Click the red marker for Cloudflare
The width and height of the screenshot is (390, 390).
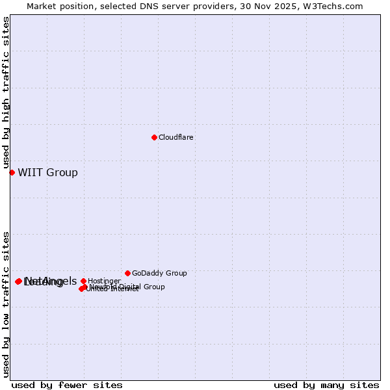tap(154, 137)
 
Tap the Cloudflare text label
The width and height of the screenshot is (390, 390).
tap(176, 138)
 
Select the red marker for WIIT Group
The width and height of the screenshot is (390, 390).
tap(12, 172)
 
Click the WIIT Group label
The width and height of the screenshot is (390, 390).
tap(47, 172)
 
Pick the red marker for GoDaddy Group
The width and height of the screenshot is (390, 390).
tap(127, 273)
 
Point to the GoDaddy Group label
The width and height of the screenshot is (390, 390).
tap(159, 273)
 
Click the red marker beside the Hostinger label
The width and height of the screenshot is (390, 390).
tap(83, 281)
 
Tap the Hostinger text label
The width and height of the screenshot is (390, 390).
tap(104, 281)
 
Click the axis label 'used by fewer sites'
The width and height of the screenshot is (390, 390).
tap(67, 385)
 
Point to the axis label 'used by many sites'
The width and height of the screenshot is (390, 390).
tap(326, 385)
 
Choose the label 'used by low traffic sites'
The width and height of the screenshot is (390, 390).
tap(6, 304)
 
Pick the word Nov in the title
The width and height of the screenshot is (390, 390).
tap(263, 6)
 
